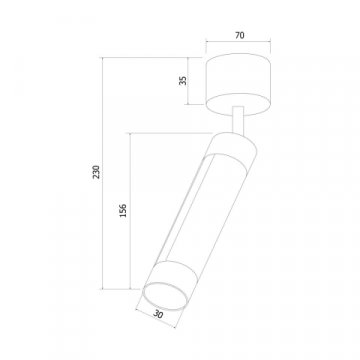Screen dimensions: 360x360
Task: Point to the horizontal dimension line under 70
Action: pyautogui.click(x=239, y=44)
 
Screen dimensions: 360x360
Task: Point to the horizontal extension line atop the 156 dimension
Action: pyautogui.click(x=170, y=133)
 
